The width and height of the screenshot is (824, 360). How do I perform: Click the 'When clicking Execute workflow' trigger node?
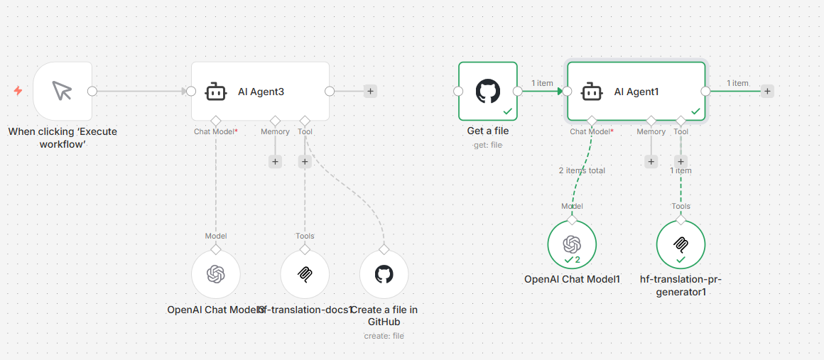coord(63,91)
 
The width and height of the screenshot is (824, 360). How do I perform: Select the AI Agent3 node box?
coord(260,91)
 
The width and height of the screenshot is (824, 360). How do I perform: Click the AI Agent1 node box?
coord(636,91)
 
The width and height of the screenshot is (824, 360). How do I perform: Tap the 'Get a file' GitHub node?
coord(488,91)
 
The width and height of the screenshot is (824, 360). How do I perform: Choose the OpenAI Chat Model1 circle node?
coord(572,245)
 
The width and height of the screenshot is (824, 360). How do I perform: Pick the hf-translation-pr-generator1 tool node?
coord(681,245)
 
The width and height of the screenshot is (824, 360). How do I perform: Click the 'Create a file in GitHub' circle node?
coord(384,274)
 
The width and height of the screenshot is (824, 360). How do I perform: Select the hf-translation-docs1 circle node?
coord(305,274)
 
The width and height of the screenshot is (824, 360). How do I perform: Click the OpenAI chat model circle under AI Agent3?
coord(216,274)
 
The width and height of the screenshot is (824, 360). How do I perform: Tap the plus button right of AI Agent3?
coord(370,91)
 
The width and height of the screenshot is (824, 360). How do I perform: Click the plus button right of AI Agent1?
coord(767,91)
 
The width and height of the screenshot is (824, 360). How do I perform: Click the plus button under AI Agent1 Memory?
coord(651,162)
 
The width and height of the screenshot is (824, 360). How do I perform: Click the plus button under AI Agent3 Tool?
coord(305,162)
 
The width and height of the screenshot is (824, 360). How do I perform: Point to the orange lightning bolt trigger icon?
coord(18,91)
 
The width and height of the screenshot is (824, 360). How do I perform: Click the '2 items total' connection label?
coord(581,170)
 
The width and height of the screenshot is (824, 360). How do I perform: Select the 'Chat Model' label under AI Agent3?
coord(215,131)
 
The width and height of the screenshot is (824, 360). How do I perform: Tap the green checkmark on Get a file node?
coord(507,111)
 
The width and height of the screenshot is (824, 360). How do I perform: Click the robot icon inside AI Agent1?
coord(592,92)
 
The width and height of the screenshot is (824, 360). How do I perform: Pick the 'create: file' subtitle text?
coord(384,336)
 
